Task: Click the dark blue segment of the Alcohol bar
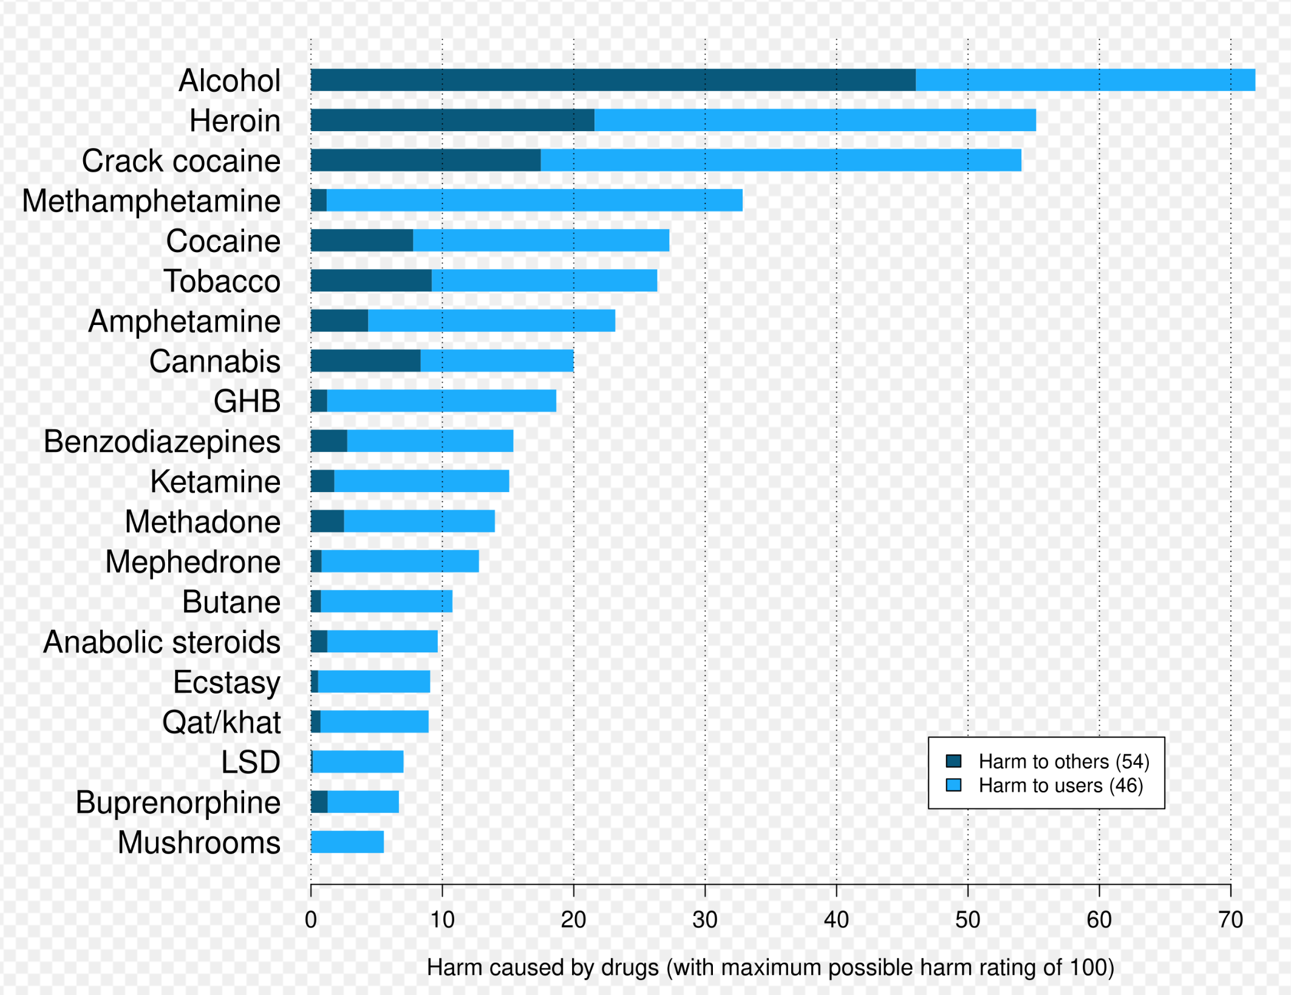pos(612,80)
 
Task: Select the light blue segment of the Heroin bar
pos(815,120)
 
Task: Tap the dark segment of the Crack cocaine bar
pos(425,160)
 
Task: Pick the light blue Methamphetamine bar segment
pos(534,200)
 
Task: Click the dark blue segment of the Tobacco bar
pos(370,281)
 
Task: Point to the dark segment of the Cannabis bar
pos(365,361)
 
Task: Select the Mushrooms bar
pos(347,842)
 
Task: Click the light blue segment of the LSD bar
pos(358,762)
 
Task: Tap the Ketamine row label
pos(215,482)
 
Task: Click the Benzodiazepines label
pos(162,442)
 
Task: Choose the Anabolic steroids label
pos(162,642)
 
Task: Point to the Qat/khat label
pos(221,722)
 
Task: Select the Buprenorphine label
pos(178,802)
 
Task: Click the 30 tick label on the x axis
pos(704,920)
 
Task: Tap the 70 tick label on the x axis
pos(1230,920)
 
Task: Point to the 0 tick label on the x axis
pos(311,920)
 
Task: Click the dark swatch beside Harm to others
pos(953,761)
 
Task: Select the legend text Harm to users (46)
pos(1060,785)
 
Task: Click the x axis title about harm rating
pos(770,968)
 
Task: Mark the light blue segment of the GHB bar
pos(441,401)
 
